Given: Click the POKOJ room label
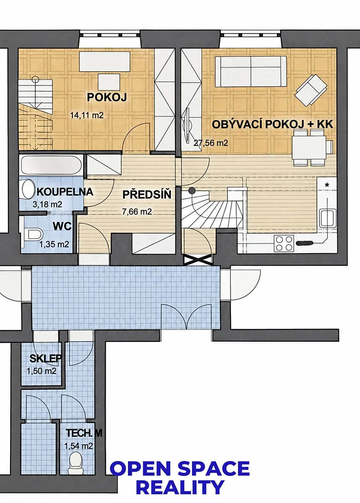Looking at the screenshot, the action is coord(107,97).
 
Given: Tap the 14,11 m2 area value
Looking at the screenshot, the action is coord(87,115).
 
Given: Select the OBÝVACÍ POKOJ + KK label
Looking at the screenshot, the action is coord(273,124).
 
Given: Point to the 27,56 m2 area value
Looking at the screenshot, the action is coord(211,143).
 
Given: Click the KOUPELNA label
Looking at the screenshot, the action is coord(65,192).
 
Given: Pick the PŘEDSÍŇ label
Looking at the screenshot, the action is coord(147,194).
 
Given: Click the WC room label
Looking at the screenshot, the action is coord(62,226).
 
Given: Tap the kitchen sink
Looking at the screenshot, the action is coord(328,217).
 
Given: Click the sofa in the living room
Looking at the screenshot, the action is coord(251,71).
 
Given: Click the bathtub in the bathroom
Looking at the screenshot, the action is coord(51,165).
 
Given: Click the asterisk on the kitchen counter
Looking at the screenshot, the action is coord(327,185).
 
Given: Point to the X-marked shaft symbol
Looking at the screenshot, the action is coord(198,260).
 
